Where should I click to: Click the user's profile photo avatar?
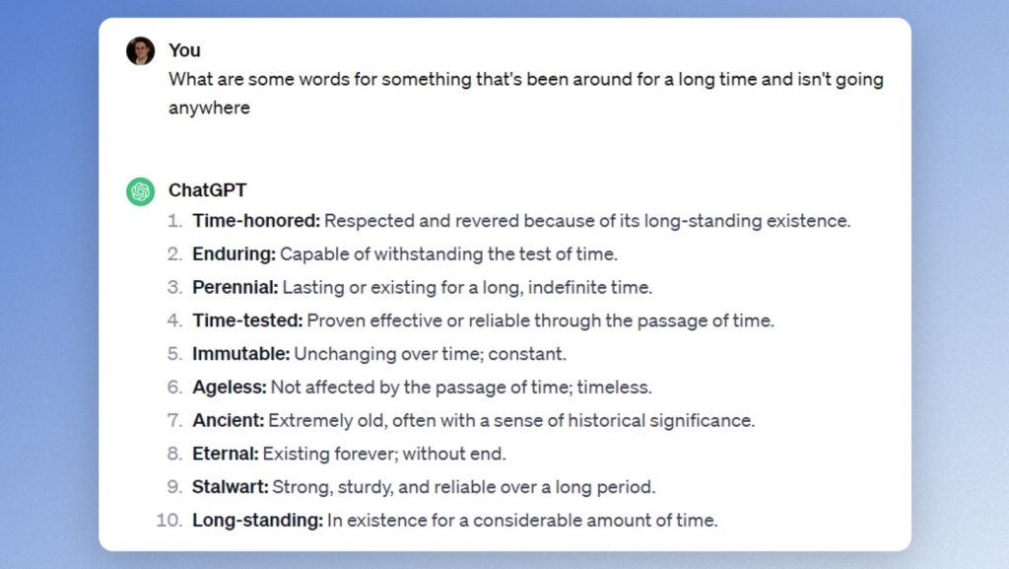[x=140, y=51]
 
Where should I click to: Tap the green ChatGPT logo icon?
[x=140, y=191]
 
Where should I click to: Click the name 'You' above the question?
[x=184, y=50]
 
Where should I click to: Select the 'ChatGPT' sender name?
[x=207, y=190]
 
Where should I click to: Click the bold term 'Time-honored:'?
[x=256, y=221]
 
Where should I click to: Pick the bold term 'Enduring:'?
[x=235, y=254]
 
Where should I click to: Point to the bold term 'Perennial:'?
[x=235, y=287]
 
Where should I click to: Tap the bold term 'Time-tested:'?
[x=247, y=320]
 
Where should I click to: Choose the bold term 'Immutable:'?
[x=241, y=354]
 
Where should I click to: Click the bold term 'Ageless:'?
[x=230, y=387]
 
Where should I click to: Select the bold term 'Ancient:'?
[x=229, y=420]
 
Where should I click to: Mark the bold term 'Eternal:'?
[x=226, y=454]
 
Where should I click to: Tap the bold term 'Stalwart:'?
[x=231, y=486]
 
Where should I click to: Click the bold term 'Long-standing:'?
[x=258, y=520]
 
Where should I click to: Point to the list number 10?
[x=169, y=520]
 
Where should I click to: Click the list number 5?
[x=175, y=354]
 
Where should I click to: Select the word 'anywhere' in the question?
[x=209, y=108]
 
